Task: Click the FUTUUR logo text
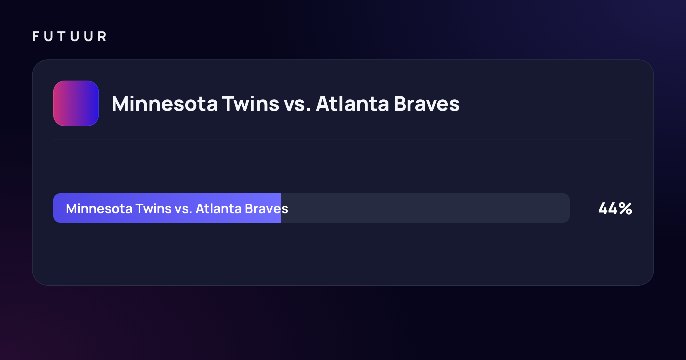pyautogui.click(x=69, y=36)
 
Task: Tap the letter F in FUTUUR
pyautogui.click(x=36, y=36)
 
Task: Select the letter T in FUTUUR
pyautogui.click(x=61, y=36)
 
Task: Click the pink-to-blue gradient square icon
pyautogui.click(x=76, y=103)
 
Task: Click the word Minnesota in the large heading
pyautogui.click(x=165, y=103)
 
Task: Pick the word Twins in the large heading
pyautogui.click(x=251, y=103)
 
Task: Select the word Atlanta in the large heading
pyautogui.click(x=352, y=103)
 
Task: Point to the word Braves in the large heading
pyautogui.click(x=427, y=103)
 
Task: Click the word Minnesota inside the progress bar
pyautogui.click(x=99, y=209)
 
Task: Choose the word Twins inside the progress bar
pyautogui.click(x=153, y=209)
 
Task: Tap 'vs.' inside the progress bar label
pyautogui.click(x=183, y=210)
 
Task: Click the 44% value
pyautogui.click(x=615, y=209)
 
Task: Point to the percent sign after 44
pyautogui.click(x=625, y=209)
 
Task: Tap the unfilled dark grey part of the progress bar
pyautogui.click(x=425, y=208)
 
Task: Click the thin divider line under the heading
pyautogui.click(x=343, y=139)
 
